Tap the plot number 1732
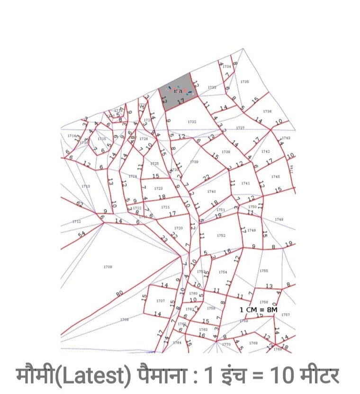pyautogui.click(x=192, y=122)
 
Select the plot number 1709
pyautogui.click(x=108, y=267)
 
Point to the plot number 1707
pyautogui.click(x=160, y=301)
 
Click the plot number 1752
pyautogui.click(x=221, y=235)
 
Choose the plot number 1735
pyautogui.click(x=244, y=82)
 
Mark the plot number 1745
pyautogui.click(x=276, y=177)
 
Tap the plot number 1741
pyautogui.click(x=245, y=183)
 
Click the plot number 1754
pyautogui.click(x=223, y=272)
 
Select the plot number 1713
pyautogui.click(x=86, y=186)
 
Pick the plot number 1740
pyautogui.click(x=211, y=191)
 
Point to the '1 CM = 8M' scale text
pyautogui.click(x=258, y=309)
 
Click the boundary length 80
pyautogui.click(x=119, y=294)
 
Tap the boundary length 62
pyautogui.click(x=79, y=205)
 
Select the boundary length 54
pyautogui.click(x=81, y=234)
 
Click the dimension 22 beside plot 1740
pyautogui.click(x=206, y=178)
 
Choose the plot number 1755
pyautogui.click(x=264, y=271)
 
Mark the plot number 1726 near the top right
pyautogui.click(x=267, y=111)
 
